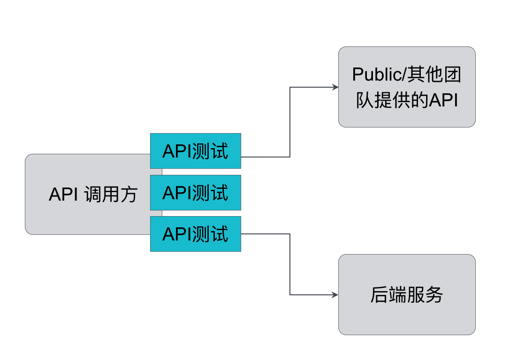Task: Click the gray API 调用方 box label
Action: click(x=92, y=195)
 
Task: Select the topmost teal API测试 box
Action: click(x=195, y=151)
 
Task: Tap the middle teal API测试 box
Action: click(x=195, y=193)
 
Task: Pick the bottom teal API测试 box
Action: click(x=195, y=234)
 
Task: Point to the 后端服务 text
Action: click(x=407, y=295)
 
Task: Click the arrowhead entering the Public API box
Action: click(x=335, y=87)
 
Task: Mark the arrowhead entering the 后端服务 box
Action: click(x=335, y=295)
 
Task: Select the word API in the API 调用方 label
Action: click(x=63, y=195)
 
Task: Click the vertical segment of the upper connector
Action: click(x=290, y=122)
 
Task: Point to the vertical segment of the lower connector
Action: click(x=290, y=264)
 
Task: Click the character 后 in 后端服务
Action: click(x=379, y=295)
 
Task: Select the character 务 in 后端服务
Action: click(x=434, y=295)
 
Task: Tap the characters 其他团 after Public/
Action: click(x=434, y=75)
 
